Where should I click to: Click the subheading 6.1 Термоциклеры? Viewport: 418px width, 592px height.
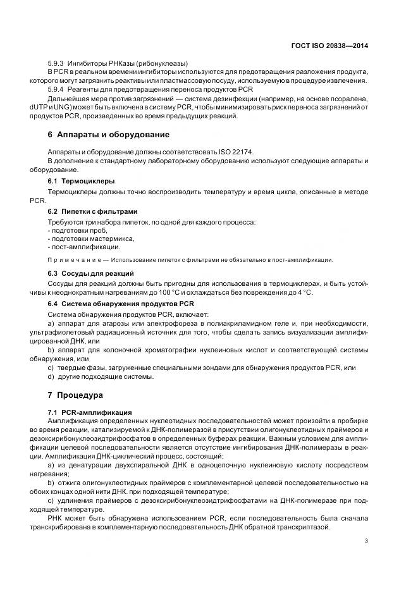point(77,181)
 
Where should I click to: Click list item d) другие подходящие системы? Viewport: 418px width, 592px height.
point(101,376)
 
